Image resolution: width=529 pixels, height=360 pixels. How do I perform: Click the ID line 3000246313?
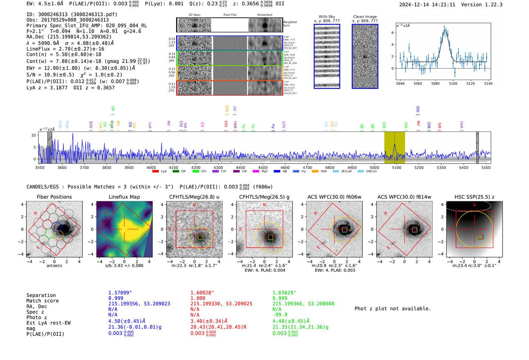click(x=72, y=14)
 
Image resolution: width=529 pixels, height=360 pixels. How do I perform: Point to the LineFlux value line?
click(x=65, y=49)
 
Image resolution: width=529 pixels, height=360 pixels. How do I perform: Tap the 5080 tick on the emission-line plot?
click(x=435, y=83)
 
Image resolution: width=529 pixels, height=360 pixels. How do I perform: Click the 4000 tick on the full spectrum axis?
click(x=151, y=167)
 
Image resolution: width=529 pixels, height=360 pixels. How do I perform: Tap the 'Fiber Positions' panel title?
click(x=54, y=197)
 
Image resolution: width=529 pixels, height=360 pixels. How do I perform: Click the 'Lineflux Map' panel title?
click(x=124, y=197)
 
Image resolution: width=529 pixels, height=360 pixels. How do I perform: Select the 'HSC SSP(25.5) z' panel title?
click(x=474, y=197)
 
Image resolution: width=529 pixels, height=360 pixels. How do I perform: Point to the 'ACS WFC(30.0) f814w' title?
click(x=404, y=197)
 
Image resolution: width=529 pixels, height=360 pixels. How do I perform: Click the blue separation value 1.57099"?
click(x=120, y=293)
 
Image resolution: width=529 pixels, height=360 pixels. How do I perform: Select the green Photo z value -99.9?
click(x=280, y=315)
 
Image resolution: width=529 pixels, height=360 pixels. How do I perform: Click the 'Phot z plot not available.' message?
click(x=393, y=309)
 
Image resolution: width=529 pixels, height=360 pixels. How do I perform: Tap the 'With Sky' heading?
click(x=326, y=17)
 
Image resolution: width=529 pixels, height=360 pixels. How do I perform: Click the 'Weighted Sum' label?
click(x=290, y=24)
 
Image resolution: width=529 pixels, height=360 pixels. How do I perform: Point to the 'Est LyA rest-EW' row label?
click(x=48, y=323)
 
